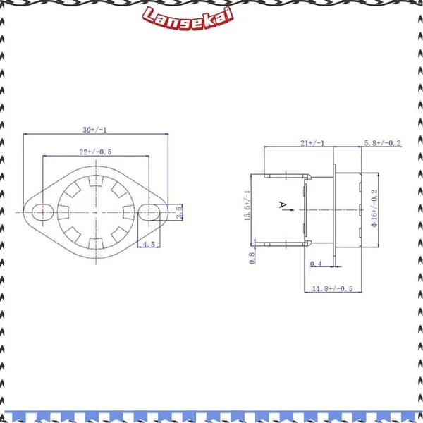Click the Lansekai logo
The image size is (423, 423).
click(x=188, y=18)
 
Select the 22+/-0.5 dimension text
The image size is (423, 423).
click(x=95, y=152)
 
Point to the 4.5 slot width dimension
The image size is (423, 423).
click(x=149, y=245)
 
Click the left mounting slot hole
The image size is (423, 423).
click(x=43, y=212)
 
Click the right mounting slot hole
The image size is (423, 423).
click(x=149, y=212)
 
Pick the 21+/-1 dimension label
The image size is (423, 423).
click(x=312, y=143)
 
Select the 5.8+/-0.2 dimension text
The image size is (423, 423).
click(x=383, y=143)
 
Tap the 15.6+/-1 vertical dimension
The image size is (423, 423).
click(x=247, y=206)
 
